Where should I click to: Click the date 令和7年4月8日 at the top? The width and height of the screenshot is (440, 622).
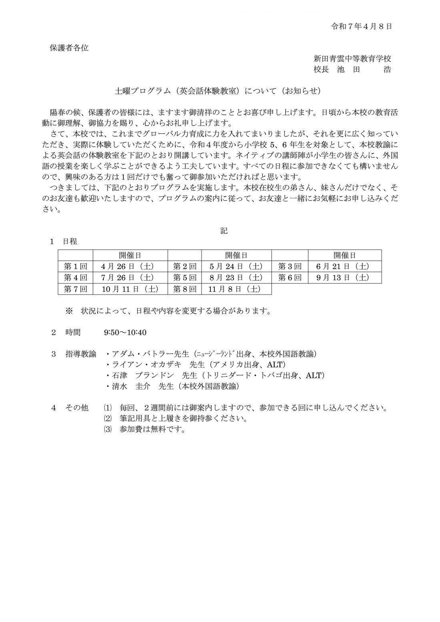click(x=361, y=26)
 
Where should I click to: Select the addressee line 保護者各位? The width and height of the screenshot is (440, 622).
click(x=69, y=48)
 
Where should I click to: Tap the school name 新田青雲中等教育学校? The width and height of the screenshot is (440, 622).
click(x=352, y=58)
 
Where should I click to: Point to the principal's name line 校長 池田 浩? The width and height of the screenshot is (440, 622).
click(x=352, y=69)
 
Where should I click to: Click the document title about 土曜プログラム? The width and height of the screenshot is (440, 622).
click(x=218, y=91)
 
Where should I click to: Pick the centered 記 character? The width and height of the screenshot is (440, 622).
click(x=224, y=231)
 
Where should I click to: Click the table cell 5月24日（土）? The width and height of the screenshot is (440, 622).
click(x=236, y=266)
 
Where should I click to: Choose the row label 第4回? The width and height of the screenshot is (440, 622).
click(x=76, y=277)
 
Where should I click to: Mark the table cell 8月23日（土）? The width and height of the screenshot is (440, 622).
click(x=236, y=277)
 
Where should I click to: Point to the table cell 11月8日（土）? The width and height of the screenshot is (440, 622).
click(x=236, y=289)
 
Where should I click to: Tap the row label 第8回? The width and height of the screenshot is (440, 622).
click(x=184, y=289)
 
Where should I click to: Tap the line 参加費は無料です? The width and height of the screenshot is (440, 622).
click(x=151, y=430)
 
